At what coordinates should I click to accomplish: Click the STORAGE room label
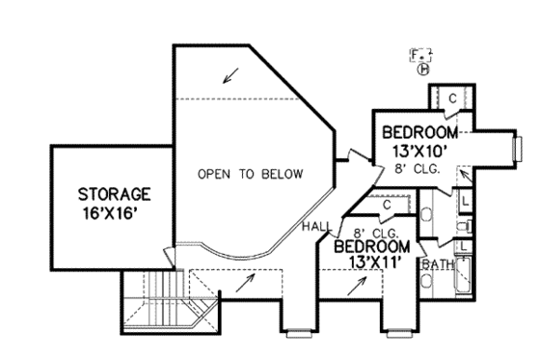115,194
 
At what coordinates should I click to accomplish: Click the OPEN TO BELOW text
250,175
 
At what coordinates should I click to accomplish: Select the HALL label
315,226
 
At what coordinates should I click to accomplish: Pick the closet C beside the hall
385,204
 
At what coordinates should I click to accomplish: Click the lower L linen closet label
463,246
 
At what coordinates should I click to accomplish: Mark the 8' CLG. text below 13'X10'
418,170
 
